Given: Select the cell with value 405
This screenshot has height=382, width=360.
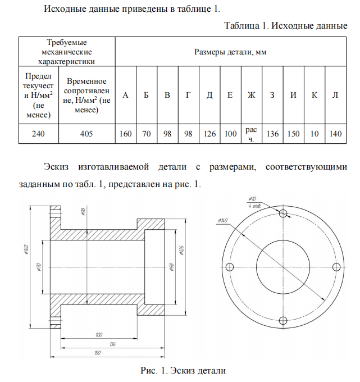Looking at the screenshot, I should pyautogui.click(x=86, y=134).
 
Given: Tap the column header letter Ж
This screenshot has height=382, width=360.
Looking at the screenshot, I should pyautogui.click(x=251, y=94).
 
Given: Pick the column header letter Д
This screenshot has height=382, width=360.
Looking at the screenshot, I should pyautogui.click(x=209, y=94).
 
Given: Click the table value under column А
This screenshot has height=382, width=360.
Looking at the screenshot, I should pyautogui.click(x=125, y=134).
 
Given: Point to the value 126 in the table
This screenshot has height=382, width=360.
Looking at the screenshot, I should pyautogui.click(x=209, y=134).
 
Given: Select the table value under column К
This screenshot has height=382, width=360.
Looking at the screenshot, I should pyautogui.click(x=315, y=134).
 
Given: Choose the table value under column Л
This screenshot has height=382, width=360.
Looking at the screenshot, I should pyautogui.click(x=335, y=134).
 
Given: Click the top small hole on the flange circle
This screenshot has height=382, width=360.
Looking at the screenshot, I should pyautogui.click(x=283, y=213).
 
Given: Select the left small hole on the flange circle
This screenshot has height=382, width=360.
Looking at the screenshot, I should pyautogui.click(x=229, y=266).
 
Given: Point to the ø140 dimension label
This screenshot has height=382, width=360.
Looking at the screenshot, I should pyautogui.click(x=222, y=220).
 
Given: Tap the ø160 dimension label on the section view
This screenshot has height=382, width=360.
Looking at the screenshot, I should pyautogui.click(x=28, y=249).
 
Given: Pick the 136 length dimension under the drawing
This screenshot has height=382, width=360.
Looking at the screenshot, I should pyautogui.click(x=112, y=343).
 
